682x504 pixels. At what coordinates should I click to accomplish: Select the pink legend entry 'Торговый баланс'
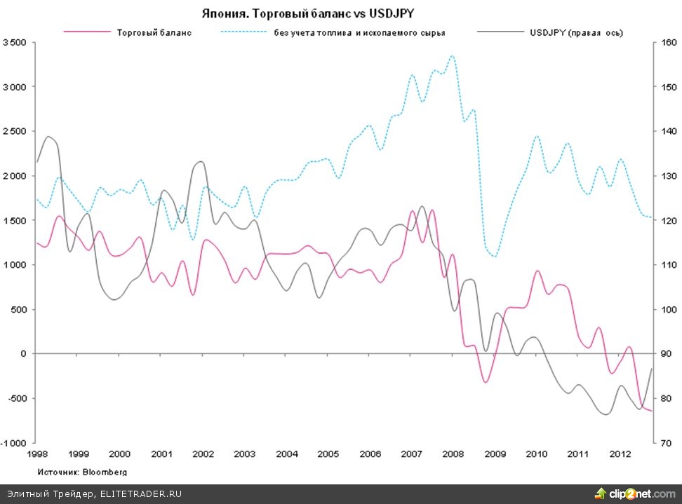[x=154, y=32]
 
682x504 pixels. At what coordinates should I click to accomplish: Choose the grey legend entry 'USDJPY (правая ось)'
[x=576, y=32]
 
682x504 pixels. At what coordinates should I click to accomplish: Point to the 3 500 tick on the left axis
[x=15, y=43]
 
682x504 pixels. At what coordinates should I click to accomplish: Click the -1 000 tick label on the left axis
[x=13, y=443]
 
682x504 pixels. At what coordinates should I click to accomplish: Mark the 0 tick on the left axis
[x=23, y=354]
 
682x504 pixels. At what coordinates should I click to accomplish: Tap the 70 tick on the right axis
[x=661, y=443]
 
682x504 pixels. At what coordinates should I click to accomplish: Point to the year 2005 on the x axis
[x=328, y=454]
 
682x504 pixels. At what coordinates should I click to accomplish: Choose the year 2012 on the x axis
[x=619, y=454]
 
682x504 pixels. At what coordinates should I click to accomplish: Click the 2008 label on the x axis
[x=453, y=454]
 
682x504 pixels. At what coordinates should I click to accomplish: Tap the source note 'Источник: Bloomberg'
[x=82, y=472]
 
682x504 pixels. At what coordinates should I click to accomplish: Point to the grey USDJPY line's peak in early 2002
[x=201, y=161]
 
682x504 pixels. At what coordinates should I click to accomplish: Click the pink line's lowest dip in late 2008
[x=486, y=382]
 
